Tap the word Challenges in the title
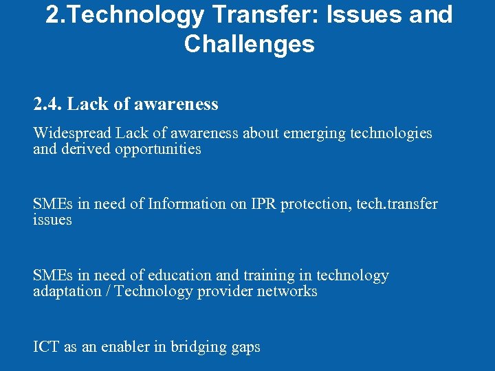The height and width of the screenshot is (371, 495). click(249, 45)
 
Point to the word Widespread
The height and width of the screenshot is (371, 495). click(72, 133)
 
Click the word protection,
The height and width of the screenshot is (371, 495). click(320, 204)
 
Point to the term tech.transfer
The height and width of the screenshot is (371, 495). click(397, 204)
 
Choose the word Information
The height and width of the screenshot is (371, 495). click(187, 204)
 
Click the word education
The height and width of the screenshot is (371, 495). click(179, 276)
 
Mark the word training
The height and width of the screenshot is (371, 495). click(266, 276)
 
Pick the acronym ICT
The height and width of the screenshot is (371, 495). click(46, 347)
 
